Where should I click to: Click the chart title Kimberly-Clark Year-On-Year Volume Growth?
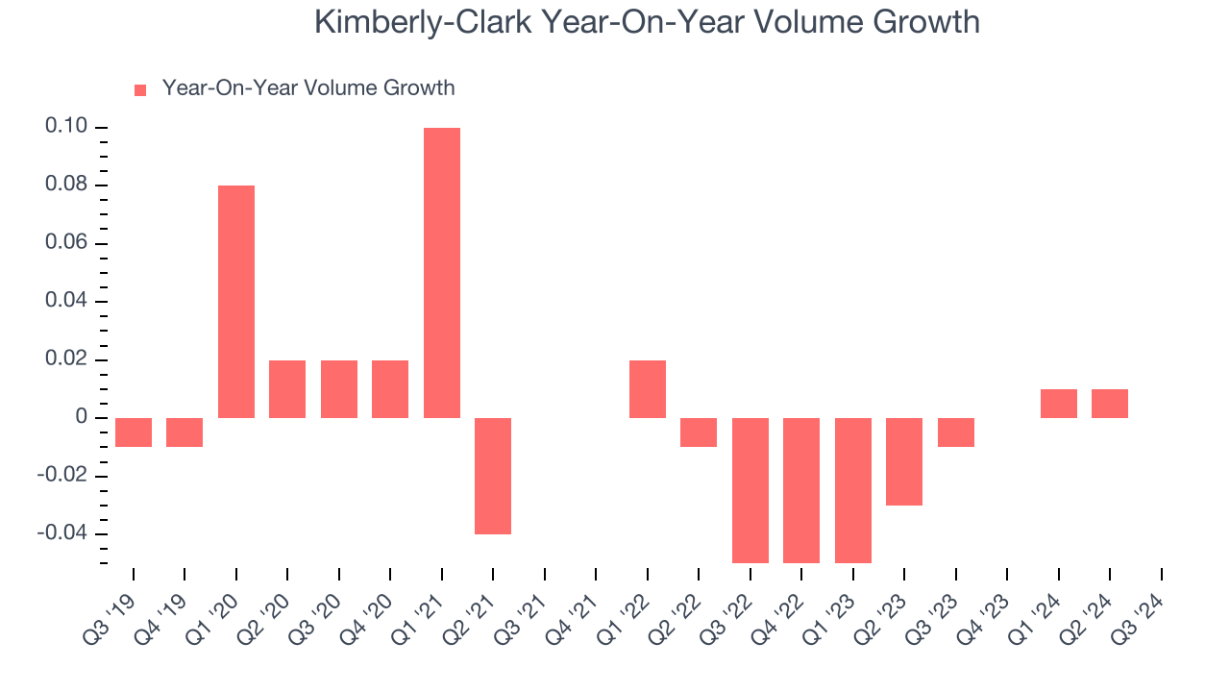(647, 22)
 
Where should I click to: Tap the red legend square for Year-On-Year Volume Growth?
(140, 89)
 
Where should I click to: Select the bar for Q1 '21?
(442, 273)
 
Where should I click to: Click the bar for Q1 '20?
(236, 302)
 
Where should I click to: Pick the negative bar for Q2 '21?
(493, 476)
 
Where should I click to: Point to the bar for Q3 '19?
(134, 432)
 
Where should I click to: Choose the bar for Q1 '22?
(648, 389)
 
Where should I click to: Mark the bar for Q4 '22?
(801, 490)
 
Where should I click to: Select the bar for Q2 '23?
(904, 461)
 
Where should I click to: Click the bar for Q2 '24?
(1110, 404)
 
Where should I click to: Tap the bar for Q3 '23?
(956, 432)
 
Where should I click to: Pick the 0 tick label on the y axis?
(82, 417)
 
